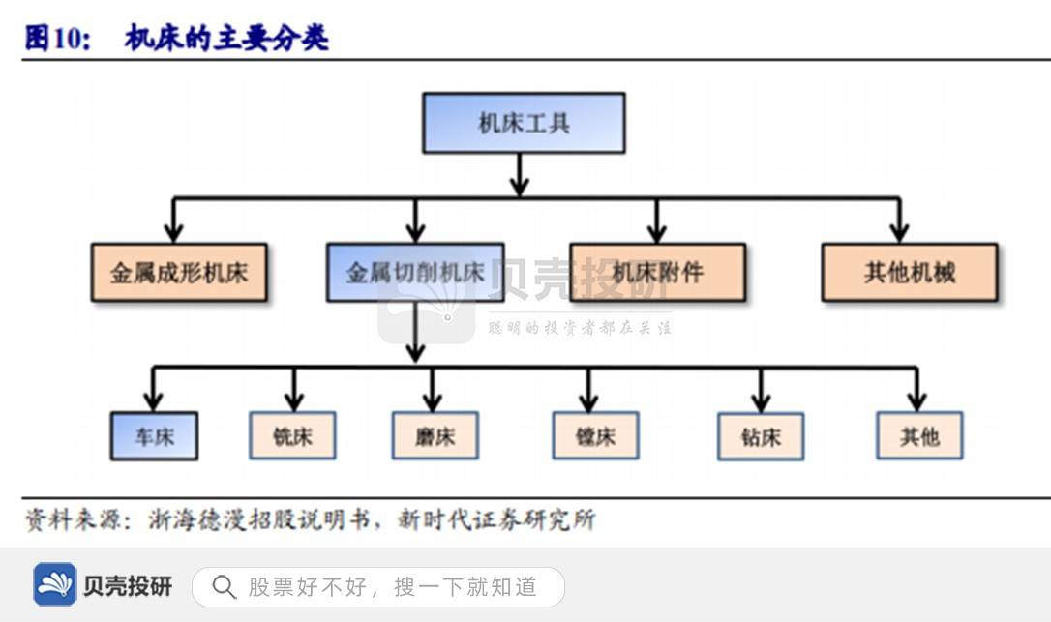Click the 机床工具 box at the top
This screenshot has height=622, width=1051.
click(x=524, y=123)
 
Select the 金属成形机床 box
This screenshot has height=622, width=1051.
click(x=179, y=272)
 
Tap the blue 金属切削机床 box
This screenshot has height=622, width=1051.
click(x=415, y=272)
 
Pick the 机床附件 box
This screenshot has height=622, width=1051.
click(x=657, y=272)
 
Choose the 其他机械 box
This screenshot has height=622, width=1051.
click(x=909, y=272)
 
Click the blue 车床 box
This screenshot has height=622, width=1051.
click(x=154, y=436)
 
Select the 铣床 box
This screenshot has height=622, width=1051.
click(x=293, y=435)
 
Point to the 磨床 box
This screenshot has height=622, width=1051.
click(x=435, y=435)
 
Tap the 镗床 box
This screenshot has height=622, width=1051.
click(x=595, y=435)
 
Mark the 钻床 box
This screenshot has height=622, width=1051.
click(x=761, y=436)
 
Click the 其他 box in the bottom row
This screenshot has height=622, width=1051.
click(x=918, y=435)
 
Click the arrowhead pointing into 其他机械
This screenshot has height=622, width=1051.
click(x=899, y=232)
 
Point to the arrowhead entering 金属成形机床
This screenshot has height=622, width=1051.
click(x=173, y=232)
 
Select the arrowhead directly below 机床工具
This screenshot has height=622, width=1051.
click(x=520, y=186)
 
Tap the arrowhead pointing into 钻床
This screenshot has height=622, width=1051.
click(x=761, y=401)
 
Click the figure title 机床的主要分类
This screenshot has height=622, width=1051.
click(x=226, y=38)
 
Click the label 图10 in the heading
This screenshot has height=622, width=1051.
click(x=58, y=38)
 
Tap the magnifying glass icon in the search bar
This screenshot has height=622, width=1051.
click(x=224, y=586)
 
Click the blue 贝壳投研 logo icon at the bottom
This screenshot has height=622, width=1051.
click(x=55, y=584)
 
